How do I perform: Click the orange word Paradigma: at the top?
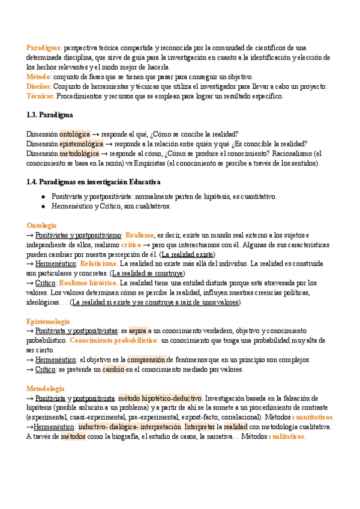[x=44, y=47]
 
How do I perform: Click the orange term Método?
[x=39, y=77]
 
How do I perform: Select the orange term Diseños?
[x=40, y=86]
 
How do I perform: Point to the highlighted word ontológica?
[x=75, y=134]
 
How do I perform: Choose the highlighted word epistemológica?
[x=82, y=143]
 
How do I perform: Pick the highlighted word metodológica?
[x=79, y=153]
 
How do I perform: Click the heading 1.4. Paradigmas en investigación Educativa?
[x=94, y=181]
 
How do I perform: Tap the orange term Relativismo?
[x=98, y=263]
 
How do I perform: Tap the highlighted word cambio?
[x=113, y=369]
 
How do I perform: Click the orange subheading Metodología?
[x=45, y=388]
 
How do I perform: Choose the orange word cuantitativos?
[x=308, y=417]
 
